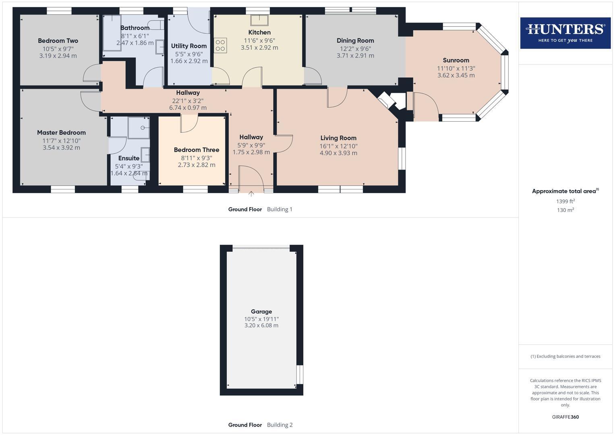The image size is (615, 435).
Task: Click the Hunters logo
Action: click(x=565, y=33)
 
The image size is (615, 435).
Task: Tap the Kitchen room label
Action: click(x=259, y=32)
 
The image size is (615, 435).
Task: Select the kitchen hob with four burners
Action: click(x=220, y=45)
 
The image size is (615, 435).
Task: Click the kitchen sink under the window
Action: click(x=259, y=20)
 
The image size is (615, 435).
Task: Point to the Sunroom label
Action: click(x=456, y=60)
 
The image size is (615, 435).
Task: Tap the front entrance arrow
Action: click(x=251, y=194)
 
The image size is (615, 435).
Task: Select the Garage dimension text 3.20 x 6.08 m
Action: click(x=261, y=325)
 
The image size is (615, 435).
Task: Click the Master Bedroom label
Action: click(x=61, y=133)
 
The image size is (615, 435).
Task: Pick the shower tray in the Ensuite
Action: click(x=139, y=128)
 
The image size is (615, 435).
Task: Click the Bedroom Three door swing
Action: click(x=188, y=123)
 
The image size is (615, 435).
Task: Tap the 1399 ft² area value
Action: click(x=565, y=201)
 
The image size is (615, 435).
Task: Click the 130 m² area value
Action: click(x=565, y=210)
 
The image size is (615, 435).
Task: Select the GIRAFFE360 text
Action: click(x=565, y=417)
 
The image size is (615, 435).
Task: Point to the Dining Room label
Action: click(x=355, y=40)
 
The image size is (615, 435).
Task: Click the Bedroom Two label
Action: click(x=58, y=41)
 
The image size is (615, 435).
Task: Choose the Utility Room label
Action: click(x=189, y=46)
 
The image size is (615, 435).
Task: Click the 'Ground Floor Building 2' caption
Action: click(x=260, y=425)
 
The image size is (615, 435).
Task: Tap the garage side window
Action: click(x=299, y=375)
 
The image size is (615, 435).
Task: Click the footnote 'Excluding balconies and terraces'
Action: click(x=565, y=356)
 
